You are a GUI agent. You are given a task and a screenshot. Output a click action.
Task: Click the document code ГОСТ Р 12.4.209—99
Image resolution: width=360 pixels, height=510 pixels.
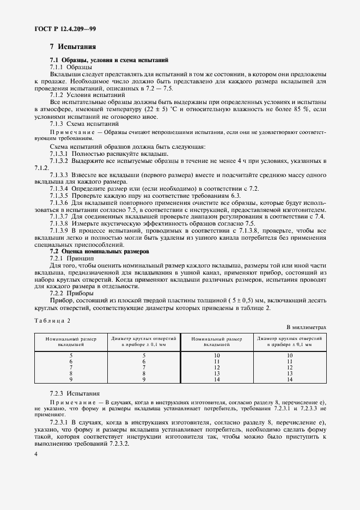point(66,27)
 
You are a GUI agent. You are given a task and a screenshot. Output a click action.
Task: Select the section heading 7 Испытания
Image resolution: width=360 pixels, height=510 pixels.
point(73,47)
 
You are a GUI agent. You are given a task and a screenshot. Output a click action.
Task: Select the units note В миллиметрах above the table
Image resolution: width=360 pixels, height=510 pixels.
point(307,327)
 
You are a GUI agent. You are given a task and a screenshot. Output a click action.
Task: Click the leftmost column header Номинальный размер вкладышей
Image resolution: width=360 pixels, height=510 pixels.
point(71,342)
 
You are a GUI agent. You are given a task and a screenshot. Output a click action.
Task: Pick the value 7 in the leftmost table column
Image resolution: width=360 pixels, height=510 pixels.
point(71,367)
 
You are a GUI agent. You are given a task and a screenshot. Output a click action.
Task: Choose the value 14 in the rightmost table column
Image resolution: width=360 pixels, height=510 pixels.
point(289,379)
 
